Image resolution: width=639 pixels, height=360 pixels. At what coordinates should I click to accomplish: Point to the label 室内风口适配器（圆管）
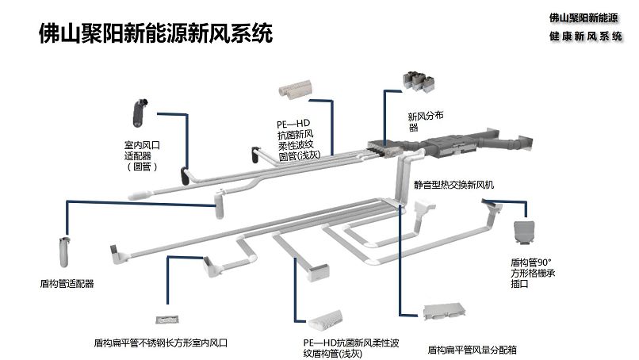[x=143, y=155]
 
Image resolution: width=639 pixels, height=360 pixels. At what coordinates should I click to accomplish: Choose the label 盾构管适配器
[x=67, y=282]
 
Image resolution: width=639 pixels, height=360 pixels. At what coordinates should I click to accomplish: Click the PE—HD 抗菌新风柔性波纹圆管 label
[x=297, y=140]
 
